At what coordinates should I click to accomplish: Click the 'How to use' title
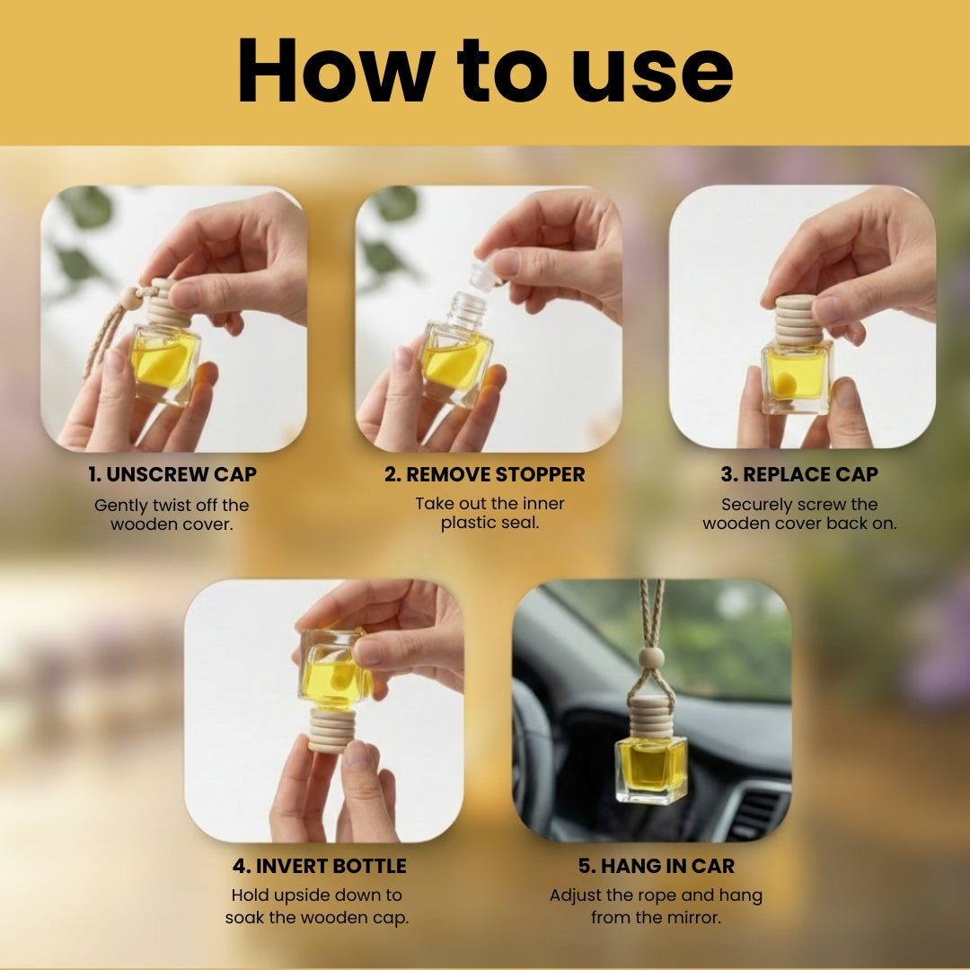click(485, 70)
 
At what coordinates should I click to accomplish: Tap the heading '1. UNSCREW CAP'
click(172, 474)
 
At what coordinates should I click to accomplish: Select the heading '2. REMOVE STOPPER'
click(484, 474)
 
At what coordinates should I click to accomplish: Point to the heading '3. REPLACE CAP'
click(799, 474)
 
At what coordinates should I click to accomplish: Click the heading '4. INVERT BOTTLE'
click(319, 866)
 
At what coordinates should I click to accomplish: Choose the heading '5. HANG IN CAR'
click(657, 866)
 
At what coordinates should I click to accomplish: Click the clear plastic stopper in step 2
click(487, 273)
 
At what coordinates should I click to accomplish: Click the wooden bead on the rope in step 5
click(651, 657)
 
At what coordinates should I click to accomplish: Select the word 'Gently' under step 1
click(120, 506)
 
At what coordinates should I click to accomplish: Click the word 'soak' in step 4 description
click(245, 917)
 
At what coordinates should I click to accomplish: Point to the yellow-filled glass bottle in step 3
click(797, 377)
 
